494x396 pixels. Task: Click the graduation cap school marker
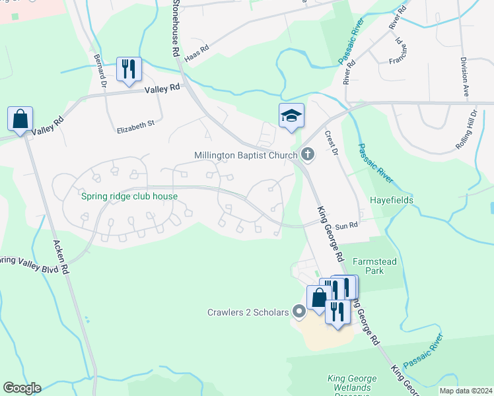tap(291, 116)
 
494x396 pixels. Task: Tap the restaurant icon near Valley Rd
tap(129, 69)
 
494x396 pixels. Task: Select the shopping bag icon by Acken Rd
tap(20, 119)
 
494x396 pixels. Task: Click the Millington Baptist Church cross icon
tap(306, 154)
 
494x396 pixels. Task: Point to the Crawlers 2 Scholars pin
tap(299, 311)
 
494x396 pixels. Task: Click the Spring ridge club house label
tap(129, 196)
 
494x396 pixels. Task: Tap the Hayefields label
tap(391, 199)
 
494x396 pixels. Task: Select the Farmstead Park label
tap(374, 266)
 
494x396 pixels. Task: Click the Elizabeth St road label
tap(135, 123)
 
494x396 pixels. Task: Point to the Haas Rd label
tap(196, 53)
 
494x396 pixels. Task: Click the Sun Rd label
tap(346, 225)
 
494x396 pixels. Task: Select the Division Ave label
tap(465, 77)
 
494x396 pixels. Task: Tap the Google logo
tap(22, 388)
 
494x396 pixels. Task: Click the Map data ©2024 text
tap(466, 391)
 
